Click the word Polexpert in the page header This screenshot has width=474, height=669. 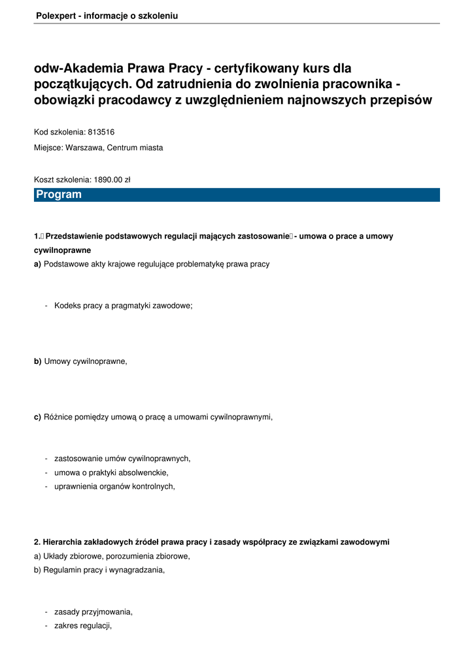55,16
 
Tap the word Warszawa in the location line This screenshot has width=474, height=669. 84,148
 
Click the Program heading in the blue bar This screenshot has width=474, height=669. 59,195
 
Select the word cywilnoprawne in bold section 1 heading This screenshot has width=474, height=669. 62,250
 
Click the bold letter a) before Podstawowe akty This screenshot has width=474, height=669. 37,264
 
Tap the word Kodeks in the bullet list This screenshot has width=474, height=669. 67,305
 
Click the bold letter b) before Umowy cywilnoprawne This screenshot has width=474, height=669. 37,361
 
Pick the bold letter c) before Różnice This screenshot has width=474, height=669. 37,417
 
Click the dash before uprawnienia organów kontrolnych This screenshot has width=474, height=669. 46,486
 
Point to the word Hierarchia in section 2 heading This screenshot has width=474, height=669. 63,542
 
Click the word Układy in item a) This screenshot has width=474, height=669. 57,556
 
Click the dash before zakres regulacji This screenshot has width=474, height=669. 46,625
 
